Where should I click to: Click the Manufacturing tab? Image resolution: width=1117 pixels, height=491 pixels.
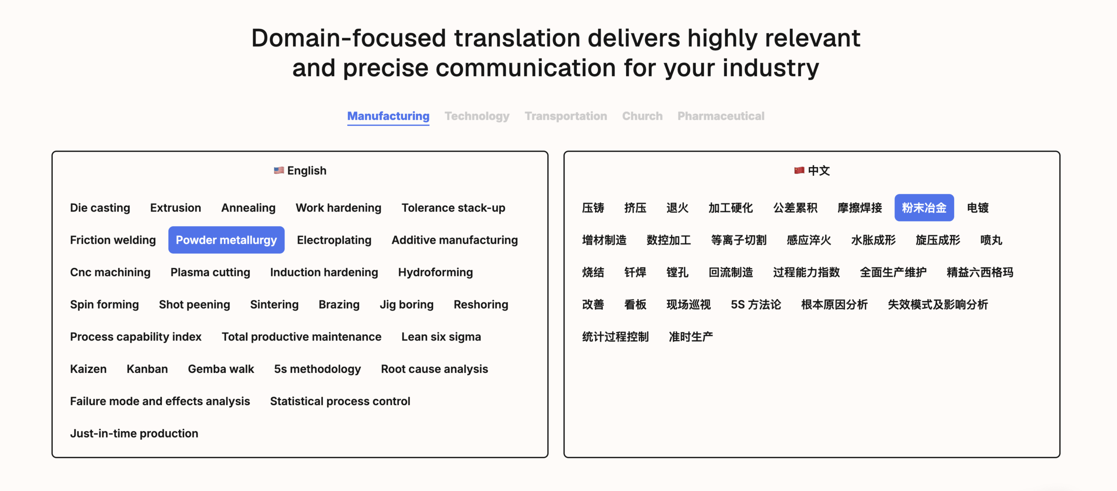(388, 116)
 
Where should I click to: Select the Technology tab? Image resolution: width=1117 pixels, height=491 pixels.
(477, 116)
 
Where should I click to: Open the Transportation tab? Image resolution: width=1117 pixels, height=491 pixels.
(566, 116)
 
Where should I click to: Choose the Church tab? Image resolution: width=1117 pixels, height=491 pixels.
(642, 116)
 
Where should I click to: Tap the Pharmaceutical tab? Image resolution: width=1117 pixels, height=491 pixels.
(721, 116)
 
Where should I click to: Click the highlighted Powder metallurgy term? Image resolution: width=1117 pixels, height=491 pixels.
(226, 240)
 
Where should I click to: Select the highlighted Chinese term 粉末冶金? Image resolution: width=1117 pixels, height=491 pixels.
(924, 208)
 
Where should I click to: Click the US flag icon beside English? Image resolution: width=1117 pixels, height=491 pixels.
(279, 170)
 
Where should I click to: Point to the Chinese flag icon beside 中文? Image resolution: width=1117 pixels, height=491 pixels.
(799, 170)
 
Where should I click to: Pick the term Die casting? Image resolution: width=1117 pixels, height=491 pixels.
(100, 208)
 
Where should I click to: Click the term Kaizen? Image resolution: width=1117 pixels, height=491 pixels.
(88, 369)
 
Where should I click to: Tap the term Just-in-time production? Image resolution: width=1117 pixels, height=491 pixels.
(134, 433)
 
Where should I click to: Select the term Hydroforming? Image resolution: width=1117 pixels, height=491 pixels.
(435, 273)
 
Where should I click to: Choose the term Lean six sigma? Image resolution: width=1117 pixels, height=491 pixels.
(441, 337)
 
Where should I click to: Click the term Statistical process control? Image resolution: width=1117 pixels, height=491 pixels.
(340, 401)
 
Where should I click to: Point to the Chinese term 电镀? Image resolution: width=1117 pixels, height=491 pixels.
(978, 208)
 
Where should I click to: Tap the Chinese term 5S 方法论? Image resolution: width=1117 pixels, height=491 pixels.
(756, 304)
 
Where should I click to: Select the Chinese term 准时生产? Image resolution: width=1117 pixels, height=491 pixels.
(691, 337)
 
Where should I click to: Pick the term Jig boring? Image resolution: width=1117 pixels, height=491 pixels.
(407, 305)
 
